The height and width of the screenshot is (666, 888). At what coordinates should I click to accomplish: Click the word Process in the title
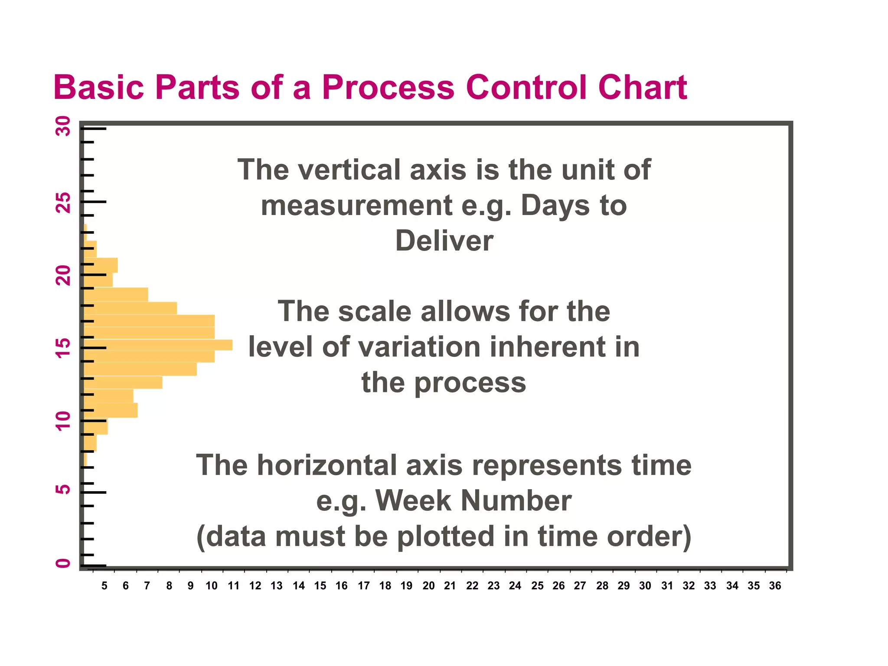tap(388, 88)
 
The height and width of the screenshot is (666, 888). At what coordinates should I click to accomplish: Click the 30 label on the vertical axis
tap(63, 126)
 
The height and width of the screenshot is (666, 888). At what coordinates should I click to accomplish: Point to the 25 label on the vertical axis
tap(63, 202)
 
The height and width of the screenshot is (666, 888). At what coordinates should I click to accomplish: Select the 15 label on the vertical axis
tap(63, 348)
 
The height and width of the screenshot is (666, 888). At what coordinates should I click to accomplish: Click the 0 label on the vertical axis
tap(63, 563)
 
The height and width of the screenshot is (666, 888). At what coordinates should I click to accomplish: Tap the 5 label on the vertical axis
tap(63, 490)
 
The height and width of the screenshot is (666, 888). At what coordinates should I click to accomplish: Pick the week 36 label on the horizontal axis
tap(775, 586)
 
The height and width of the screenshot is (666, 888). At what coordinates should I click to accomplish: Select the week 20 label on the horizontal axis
tap(428, 586)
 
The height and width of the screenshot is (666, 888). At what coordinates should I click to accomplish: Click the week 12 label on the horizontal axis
tap(255, 586)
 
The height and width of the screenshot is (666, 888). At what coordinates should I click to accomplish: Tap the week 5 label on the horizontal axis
tap(104, 586)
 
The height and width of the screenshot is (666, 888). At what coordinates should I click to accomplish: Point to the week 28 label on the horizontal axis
tap(602, 586)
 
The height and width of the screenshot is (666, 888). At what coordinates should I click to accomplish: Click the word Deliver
tap(444, 241)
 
